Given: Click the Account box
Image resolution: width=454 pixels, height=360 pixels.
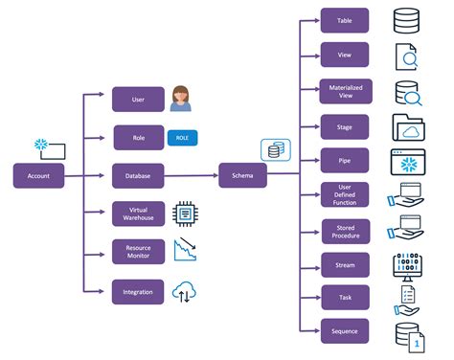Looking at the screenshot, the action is pyautogui.click(x=38, y=175).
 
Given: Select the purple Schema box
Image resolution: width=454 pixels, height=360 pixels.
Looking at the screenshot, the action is pyautogui.click(x=242, y=175).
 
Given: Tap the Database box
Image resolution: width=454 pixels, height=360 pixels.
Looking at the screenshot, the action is pyautogui.click(x=138, y=176).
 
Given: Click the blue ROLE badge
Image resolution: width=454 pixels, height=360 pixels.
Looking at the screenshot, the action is pyautogui.click(x=182, y=138).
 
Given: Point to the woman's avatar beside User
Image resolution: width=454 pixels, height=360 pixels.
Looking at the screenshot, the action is pyautogui.click(x=181, y=99).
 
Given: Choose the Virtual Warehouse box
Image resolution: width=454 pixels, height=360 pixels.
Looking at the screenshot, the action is pyautogui.click(x=138, y=214).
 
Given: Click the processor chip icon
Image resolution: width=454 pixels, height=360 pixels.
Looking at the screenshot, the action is pyautogui.click(x=185, y=214).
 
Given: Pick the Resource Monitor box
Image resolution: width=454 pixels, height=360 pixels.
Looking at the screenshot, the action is pyautogui.click(x=138, y=252).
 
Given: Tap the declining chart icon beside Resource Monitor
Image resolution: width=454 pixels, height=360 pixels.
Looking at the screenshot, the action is pyautogui.click(x=185, y=249).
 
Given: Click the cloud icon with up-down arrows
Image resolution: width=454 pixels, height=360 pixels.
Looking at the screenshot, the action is pyautogui.click(x=184, y=292).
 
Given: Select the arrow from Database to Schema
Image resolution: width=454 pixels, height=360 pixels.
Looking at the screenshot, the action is pyautogui.click(x=192, y=175).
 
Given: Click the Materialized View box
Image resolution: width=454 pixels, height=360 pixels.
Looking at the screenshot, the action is pyautogui.click(x=346, y=91).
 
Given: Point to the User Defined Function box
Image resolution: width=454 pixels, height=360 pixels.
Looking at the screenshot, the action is pyautogui.click(x=345, y=194).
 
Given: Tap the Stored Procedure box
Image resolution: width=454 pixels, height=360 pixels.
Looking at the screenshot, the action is pyautogui.click(x=346, y=232).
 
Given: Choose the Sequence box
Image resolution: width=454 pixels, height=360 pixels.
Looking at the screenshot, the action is pyautogui.click(x=345, y=331).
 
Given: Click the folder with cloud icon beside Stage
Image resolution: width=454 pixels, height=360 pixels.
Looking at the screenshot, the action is pyautogui.click(x=409, y=127).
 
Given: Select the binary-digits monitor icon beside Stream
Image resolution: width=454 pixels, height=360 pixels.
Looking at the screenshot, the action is pyautogui.click(x=407, y=267).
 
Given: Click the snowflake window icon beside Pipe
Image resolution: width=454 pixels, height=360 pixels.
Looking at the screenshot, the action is pyautogui.click(x=408, y=162).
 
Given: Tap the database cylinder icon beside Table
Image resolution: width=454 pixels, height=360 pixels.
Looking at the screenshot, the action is pyautogui.click(x=406, y=21).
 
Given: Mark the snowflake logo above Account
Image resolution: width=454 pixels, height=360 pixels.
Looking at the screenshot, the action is pyautogui.click(x=41, y=145).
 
